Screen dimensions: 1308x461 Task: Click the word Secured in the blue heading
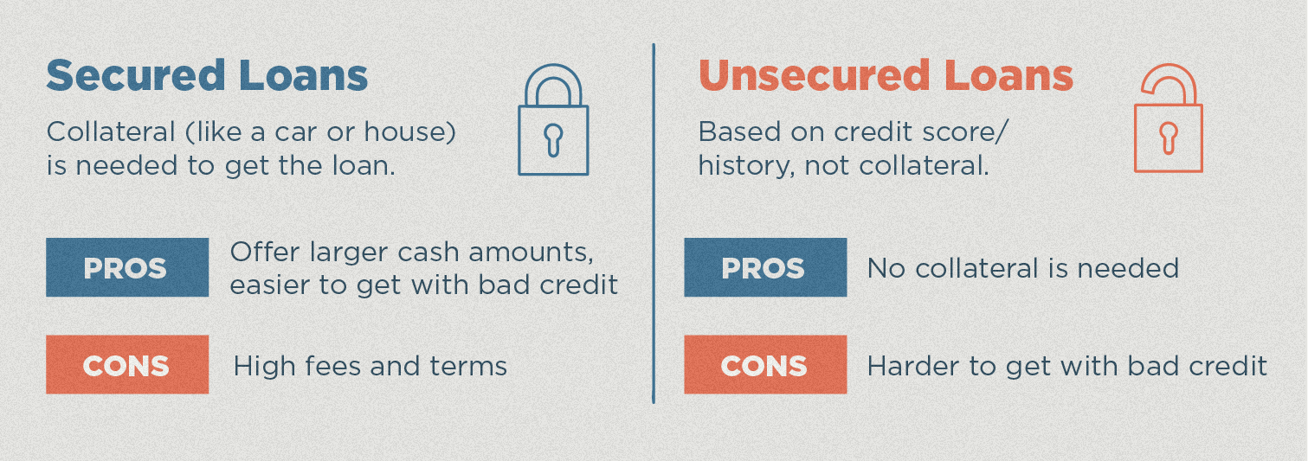coord(135,75)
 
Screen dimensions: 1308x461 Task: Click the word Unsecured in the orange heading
coord(814,75)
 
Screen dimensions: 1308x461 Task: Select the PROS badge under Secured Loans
coord(127,267)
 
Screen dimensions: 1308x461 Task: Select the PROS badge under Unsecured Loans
coord(765,267)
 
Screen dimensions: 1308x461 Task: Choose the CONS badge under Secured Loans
coord(127,365)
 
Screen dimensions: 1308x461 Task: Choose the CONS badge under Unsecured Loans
coord(765,365)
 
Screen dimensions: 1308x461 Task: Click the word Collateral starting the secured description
coord(111,131)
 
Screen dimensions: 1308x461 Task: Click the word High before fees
coord(264,367)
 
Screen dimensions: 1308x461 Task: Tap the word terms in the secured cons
coord(468,367)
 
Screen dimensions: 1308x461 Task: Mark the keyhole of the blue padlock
coord(553,140)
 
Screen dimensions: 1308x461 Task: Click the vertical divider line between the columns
coord(654,223)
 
